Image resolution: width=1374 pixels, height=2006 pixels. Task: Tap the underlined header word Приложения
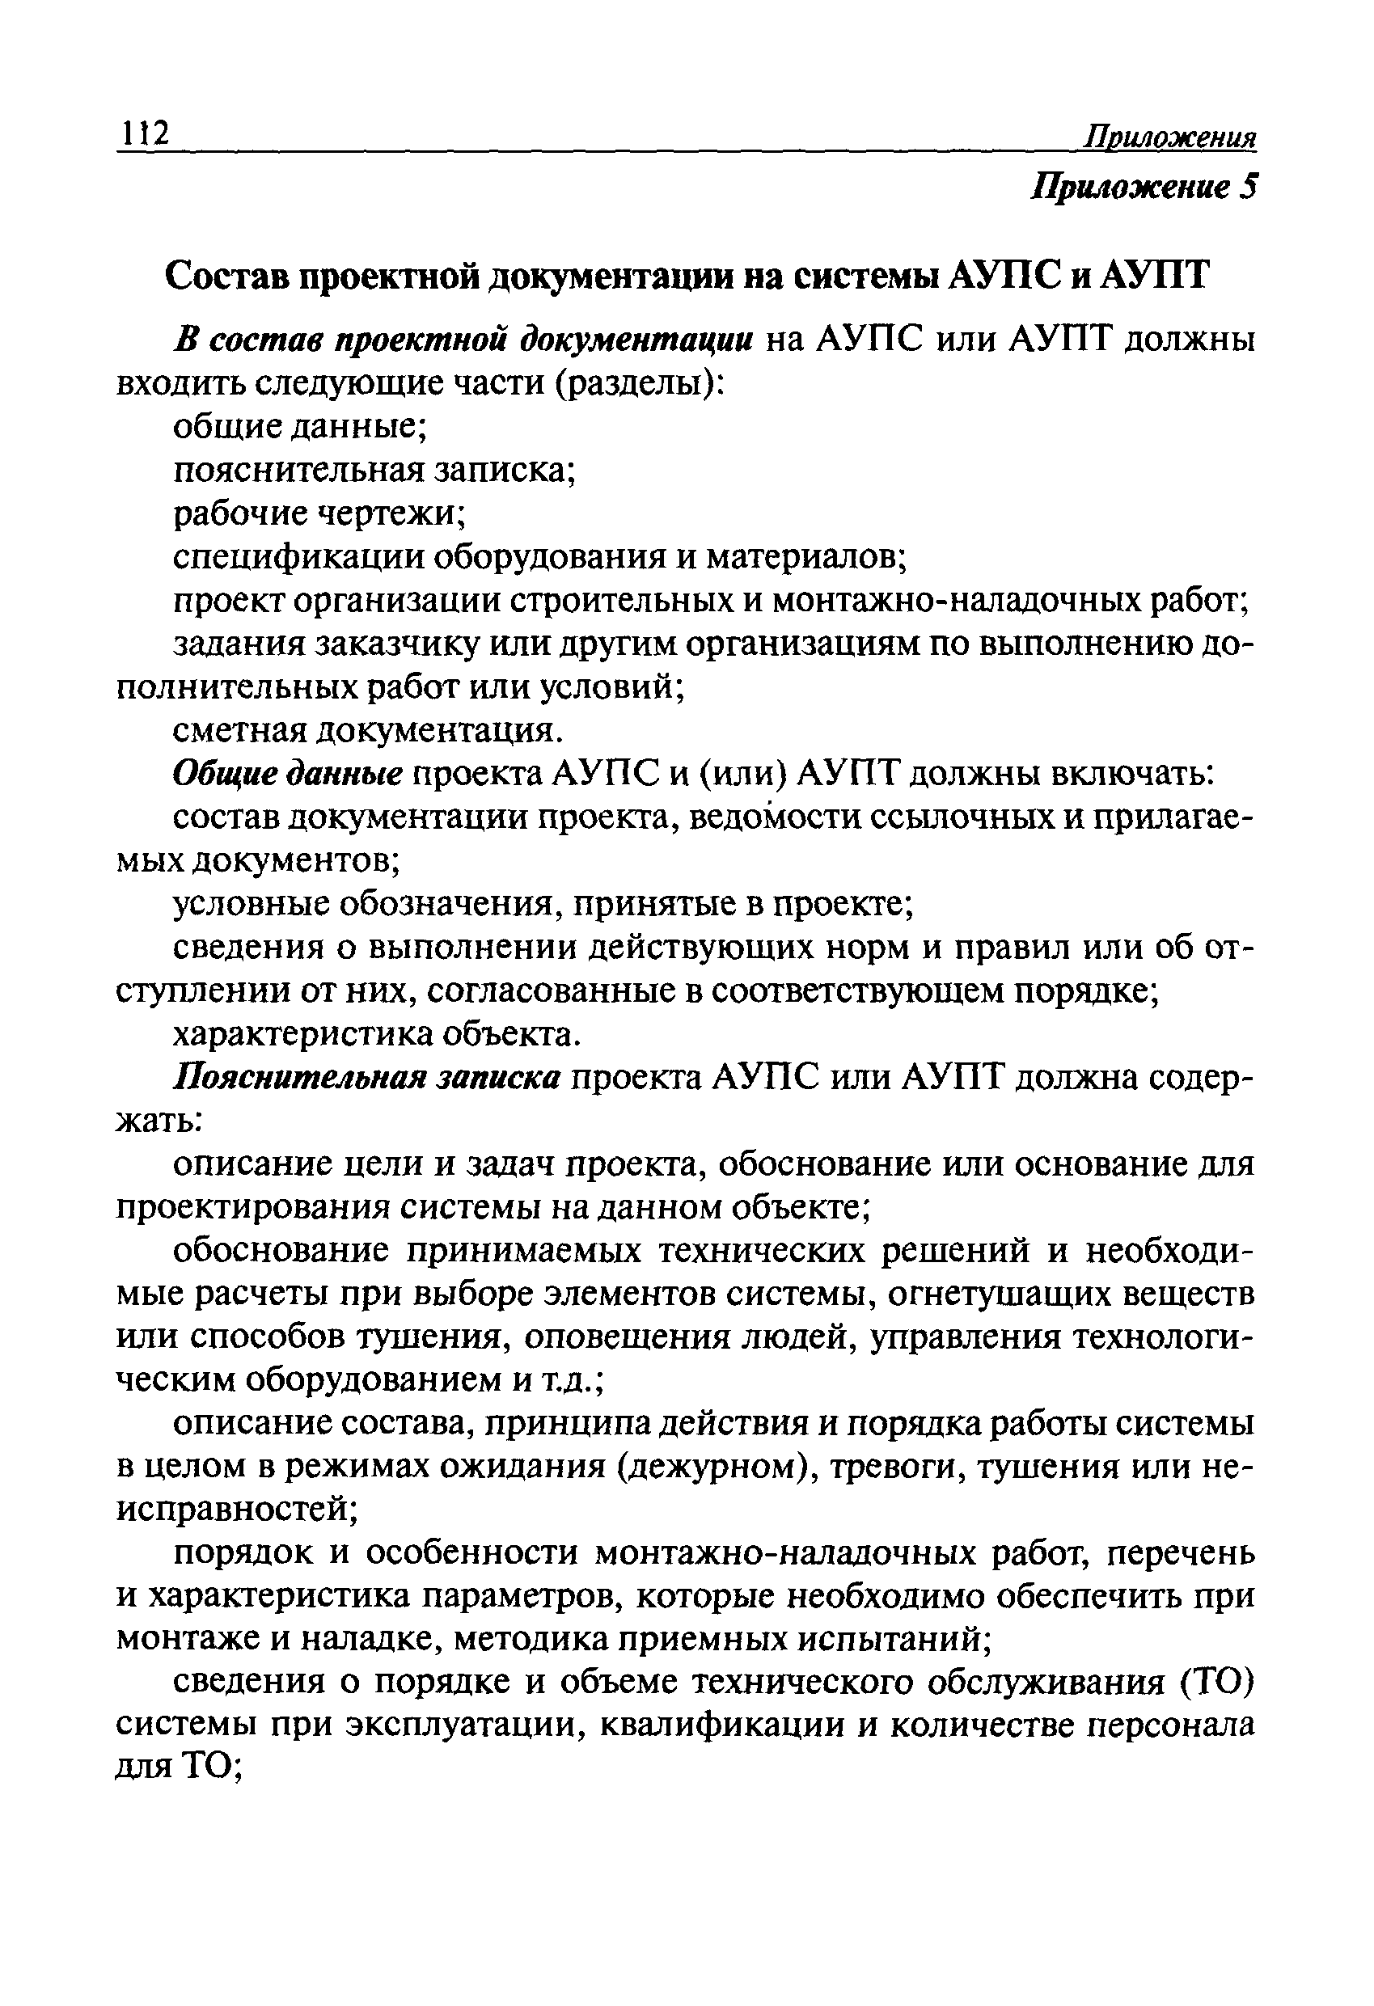(x=1170, y=137)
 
